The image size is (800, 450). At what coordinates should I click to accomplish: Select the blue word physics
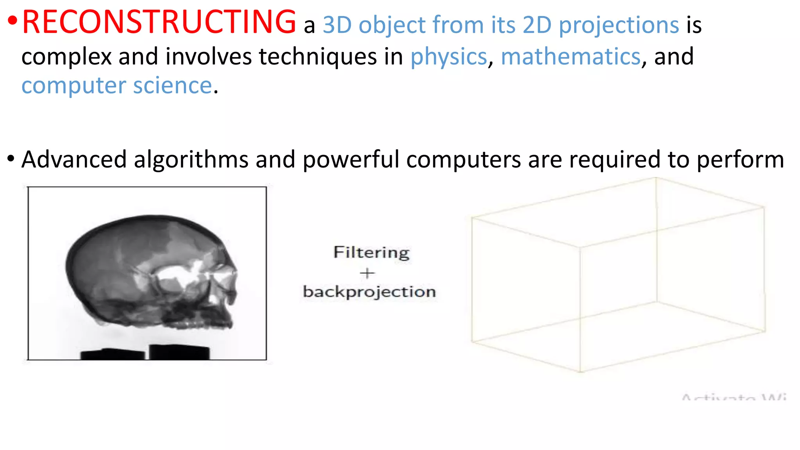point(448,57)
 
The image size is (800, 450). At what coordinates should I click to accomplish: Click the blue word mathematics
point(571,57)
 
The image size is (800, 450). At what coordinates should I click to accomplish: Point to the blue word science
point(172,86)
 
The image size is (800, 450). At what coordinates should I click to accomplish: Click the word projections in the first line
point(619,25)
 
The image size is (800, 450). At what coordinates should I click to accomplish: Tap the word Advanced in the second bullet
point(74,159)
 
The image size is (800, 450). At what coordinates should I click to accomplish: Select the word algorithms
point(191,159)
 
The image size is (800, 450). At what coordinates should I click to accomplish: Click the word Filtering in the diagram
point(371,252)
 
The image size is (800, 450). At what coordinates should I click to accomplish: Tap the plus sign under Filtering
point(367,273)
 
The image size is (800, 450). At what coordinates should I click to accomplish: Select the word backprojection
point(369,292)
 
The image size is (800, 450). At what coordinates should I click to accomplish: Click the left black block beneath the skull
point(112,354)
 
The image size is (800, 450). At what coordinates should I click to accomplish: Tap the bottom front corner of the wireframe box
point(580,371)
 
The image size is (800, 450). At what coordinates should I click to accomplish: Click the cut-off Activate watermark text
point(734,397)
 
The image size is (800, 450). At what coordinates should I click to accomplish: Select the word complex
point(67,57)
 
